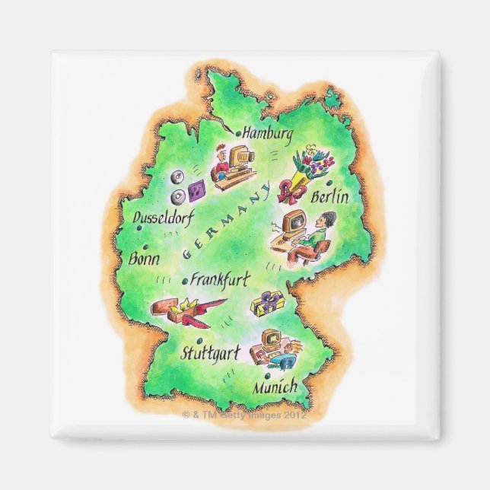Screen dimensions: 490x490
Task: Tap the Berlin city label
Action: (x=329, y=198)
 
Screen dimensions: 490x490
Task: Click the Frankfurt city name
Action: (x=220, y=278)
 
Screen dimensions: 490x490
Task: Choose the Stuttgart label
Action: (x=210, y=353)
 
